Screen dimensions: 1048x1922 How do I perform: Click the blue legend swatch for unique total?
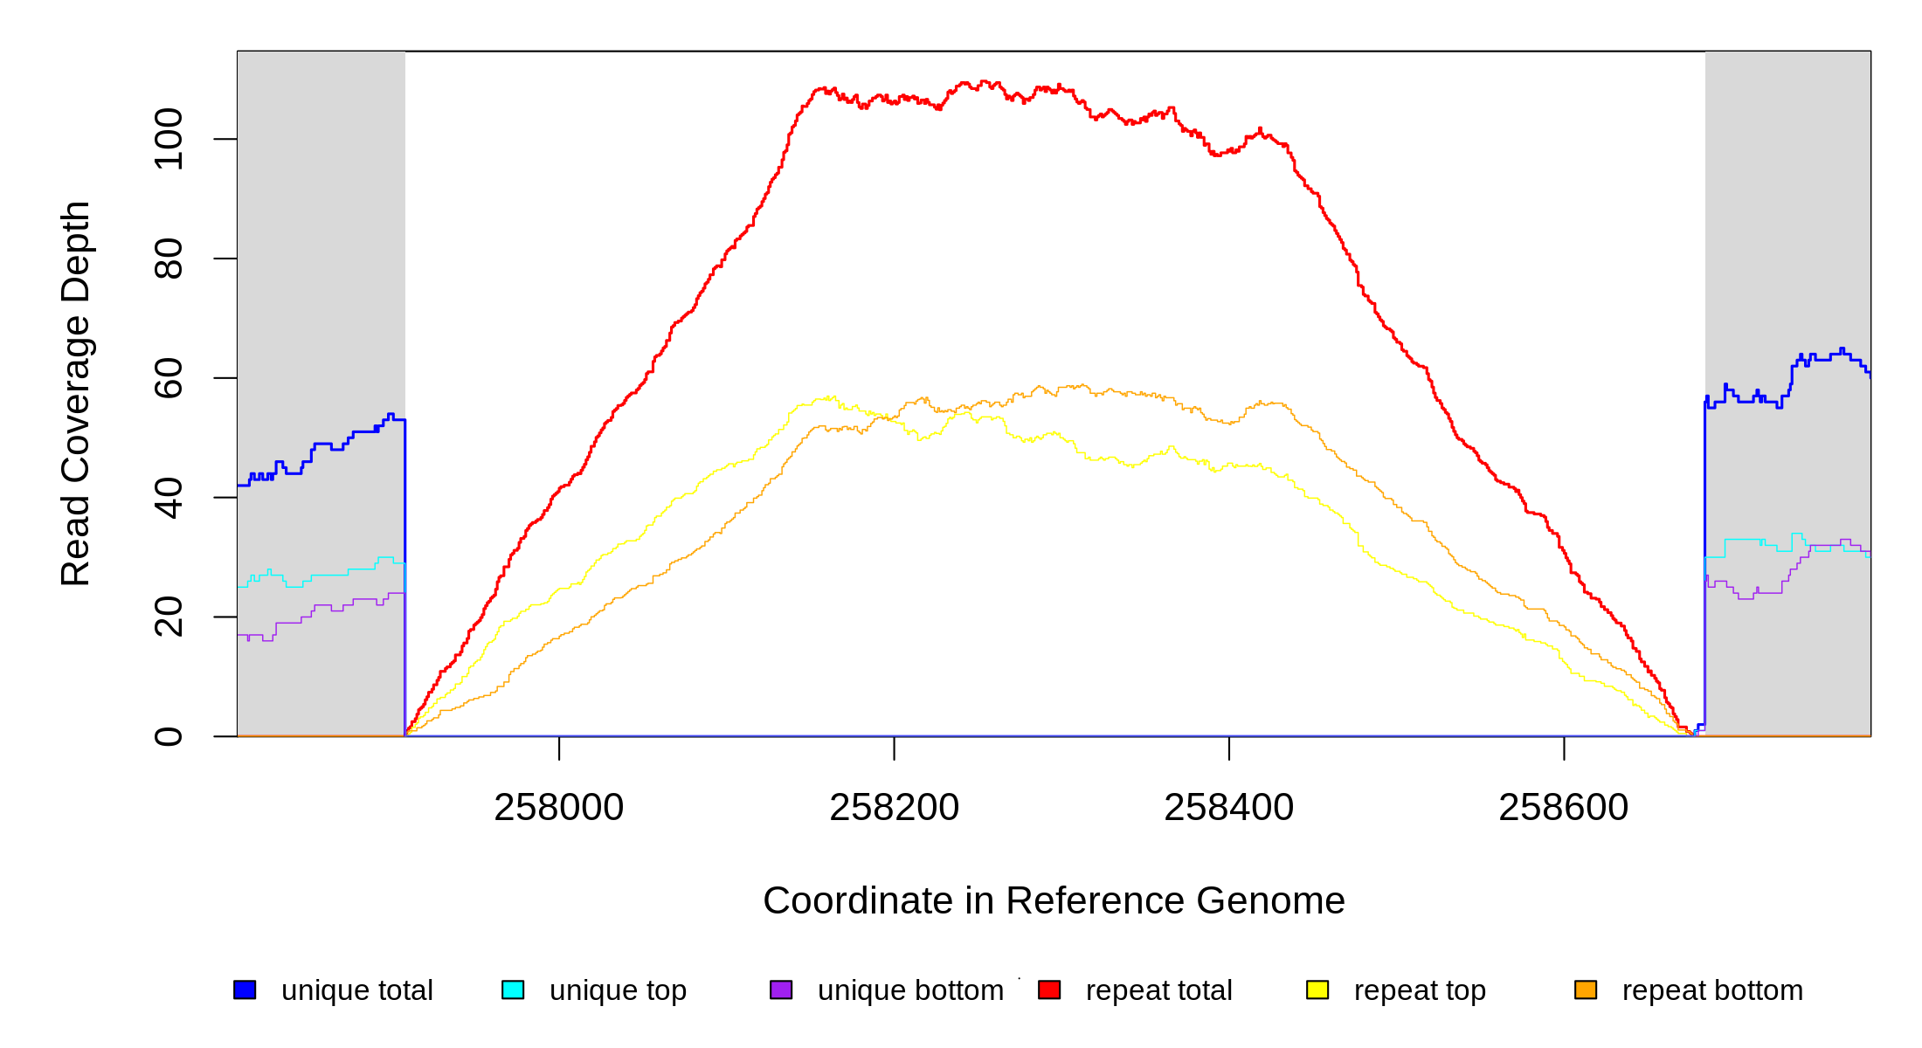click(245, 989)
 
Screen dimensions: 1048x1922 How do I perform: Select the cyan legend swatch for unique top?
click(513, 989)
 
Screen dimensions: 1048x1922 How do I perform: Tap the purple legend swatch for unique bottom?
click(781, 989)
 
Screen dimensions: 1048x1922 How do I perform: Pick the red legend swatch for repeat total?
click(1049, 989)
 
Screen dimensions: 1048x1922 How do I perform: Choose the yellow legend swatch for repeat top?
click(1317, 989)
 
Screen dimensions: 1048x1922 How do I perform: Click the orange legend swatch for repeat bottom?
click(1586, 989)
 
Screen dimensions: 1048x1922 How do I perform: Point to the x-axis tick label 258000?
click(559, 807)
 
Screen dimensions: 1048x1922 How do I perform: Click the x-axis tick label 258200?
click(894, 807)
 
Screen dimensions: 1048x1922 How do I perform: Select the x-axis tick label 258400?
click(1229, 807)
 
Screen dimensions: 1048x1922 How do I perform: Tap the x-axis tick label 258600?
click(1564, 807)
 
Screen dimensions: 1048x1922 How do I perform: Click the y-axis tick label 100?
click(169, 139)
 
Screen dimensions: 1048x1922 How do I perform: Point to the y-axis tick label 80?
click(169, 259)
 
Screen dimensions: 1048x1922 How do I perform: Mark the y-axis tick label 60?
click(169, 378)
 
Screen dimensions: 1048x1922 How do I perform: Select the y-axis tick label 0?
click(169, 736)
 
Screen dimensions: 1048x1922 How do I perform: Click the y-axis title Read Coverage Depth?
click(75, 393)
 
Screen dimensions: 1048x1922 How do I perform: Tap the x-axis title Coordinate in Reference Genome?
click(1054, 900)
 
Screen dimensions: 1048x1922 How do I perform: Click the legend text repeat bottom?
click(1712, 990)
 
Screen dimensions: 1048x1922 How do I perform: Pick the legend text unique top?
click(618, 990)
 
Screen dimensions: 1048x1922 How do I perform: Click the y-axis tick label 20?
click(169, 617)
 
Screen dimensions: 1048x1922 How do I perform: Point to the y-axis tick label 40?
click(169, 498)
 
